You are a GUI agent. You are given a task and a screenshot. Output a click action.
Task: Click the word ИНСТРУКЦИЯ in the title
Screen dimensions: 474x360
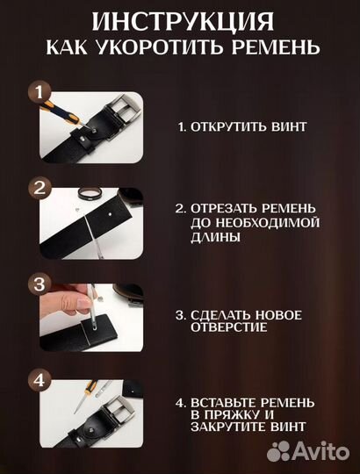[x=179, y=19]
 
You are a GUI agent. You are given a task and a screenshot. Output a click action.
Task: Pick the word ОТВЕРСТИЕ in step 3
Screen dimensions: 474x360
[x=229, y=327]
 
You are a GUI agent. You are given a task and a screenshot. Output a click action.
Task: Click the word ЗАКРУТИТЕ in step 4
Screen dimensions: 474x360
[x=228, y=427]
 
